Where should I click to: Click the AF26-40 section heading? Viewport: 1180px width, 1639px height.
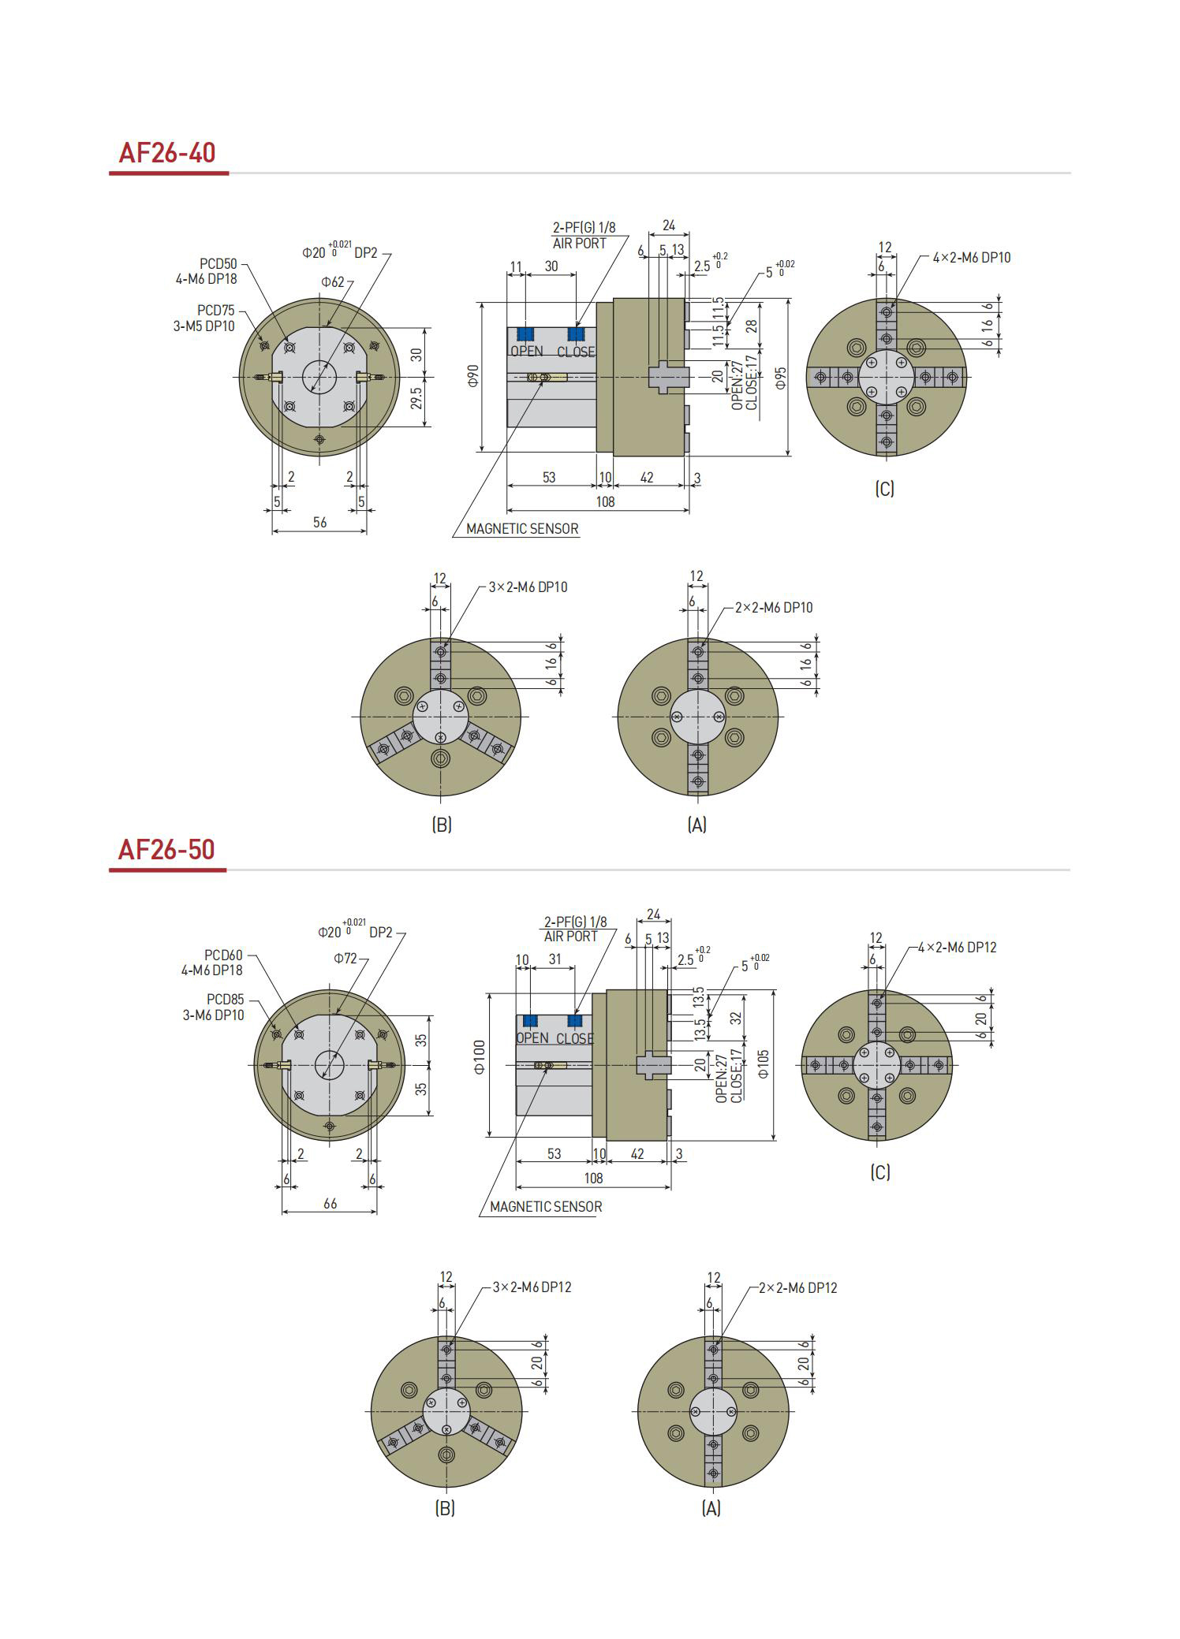(166, 152)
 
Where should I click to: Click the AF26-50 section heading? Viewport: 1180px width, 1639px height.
(166, 849)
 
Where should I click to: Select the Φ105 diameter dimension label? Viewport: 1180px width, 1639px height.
(763, 1063)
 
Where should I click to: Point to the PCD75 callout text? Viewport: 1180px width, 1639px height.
(215, 311)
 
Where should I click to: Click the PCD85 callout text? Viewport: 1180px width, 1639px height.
(225, 1000)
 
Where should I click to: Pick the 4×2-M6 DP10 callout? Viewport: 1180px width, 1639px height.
(972, 258)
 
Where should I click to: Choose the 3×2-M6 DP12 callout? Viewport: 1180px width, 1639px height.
(532, 1287)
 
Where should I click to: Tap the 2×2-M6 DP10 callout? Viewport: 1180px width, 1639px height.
(773, 608)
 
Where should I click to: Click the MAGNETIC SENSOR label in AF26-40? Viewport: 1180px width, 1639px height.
(522, 529)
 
